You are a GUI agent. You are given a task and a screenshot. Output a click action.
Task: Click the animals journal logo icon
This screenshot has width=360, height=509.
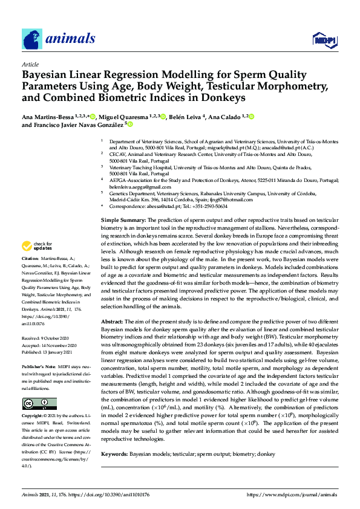(x=31, y=39)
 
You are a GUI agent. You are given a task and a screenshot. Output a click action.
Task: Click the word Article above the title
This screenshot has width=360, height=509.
(x=30, y=64)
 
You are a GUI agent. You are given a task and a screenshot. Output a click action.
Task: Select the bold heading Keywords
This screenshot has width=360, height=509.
(x=115, y=453)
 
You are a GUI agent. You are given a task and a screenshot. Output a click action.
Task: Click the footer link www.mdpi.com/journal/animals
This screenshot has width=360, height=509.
(x=291, y=494)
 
